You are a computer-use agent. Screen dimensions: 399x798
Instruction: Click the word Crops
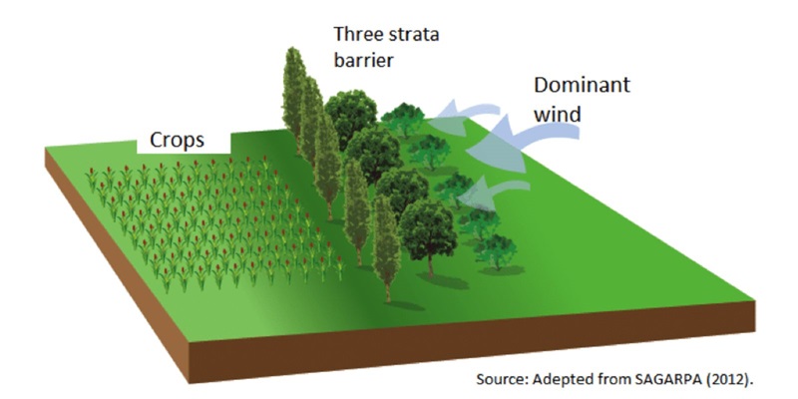coord(178,140)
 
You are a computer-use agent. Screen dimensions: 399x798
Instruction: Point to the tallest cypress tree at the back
coord(295,90)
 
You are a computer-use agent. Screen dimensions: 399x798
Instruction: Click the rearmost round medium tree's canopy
coord(349,115)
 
